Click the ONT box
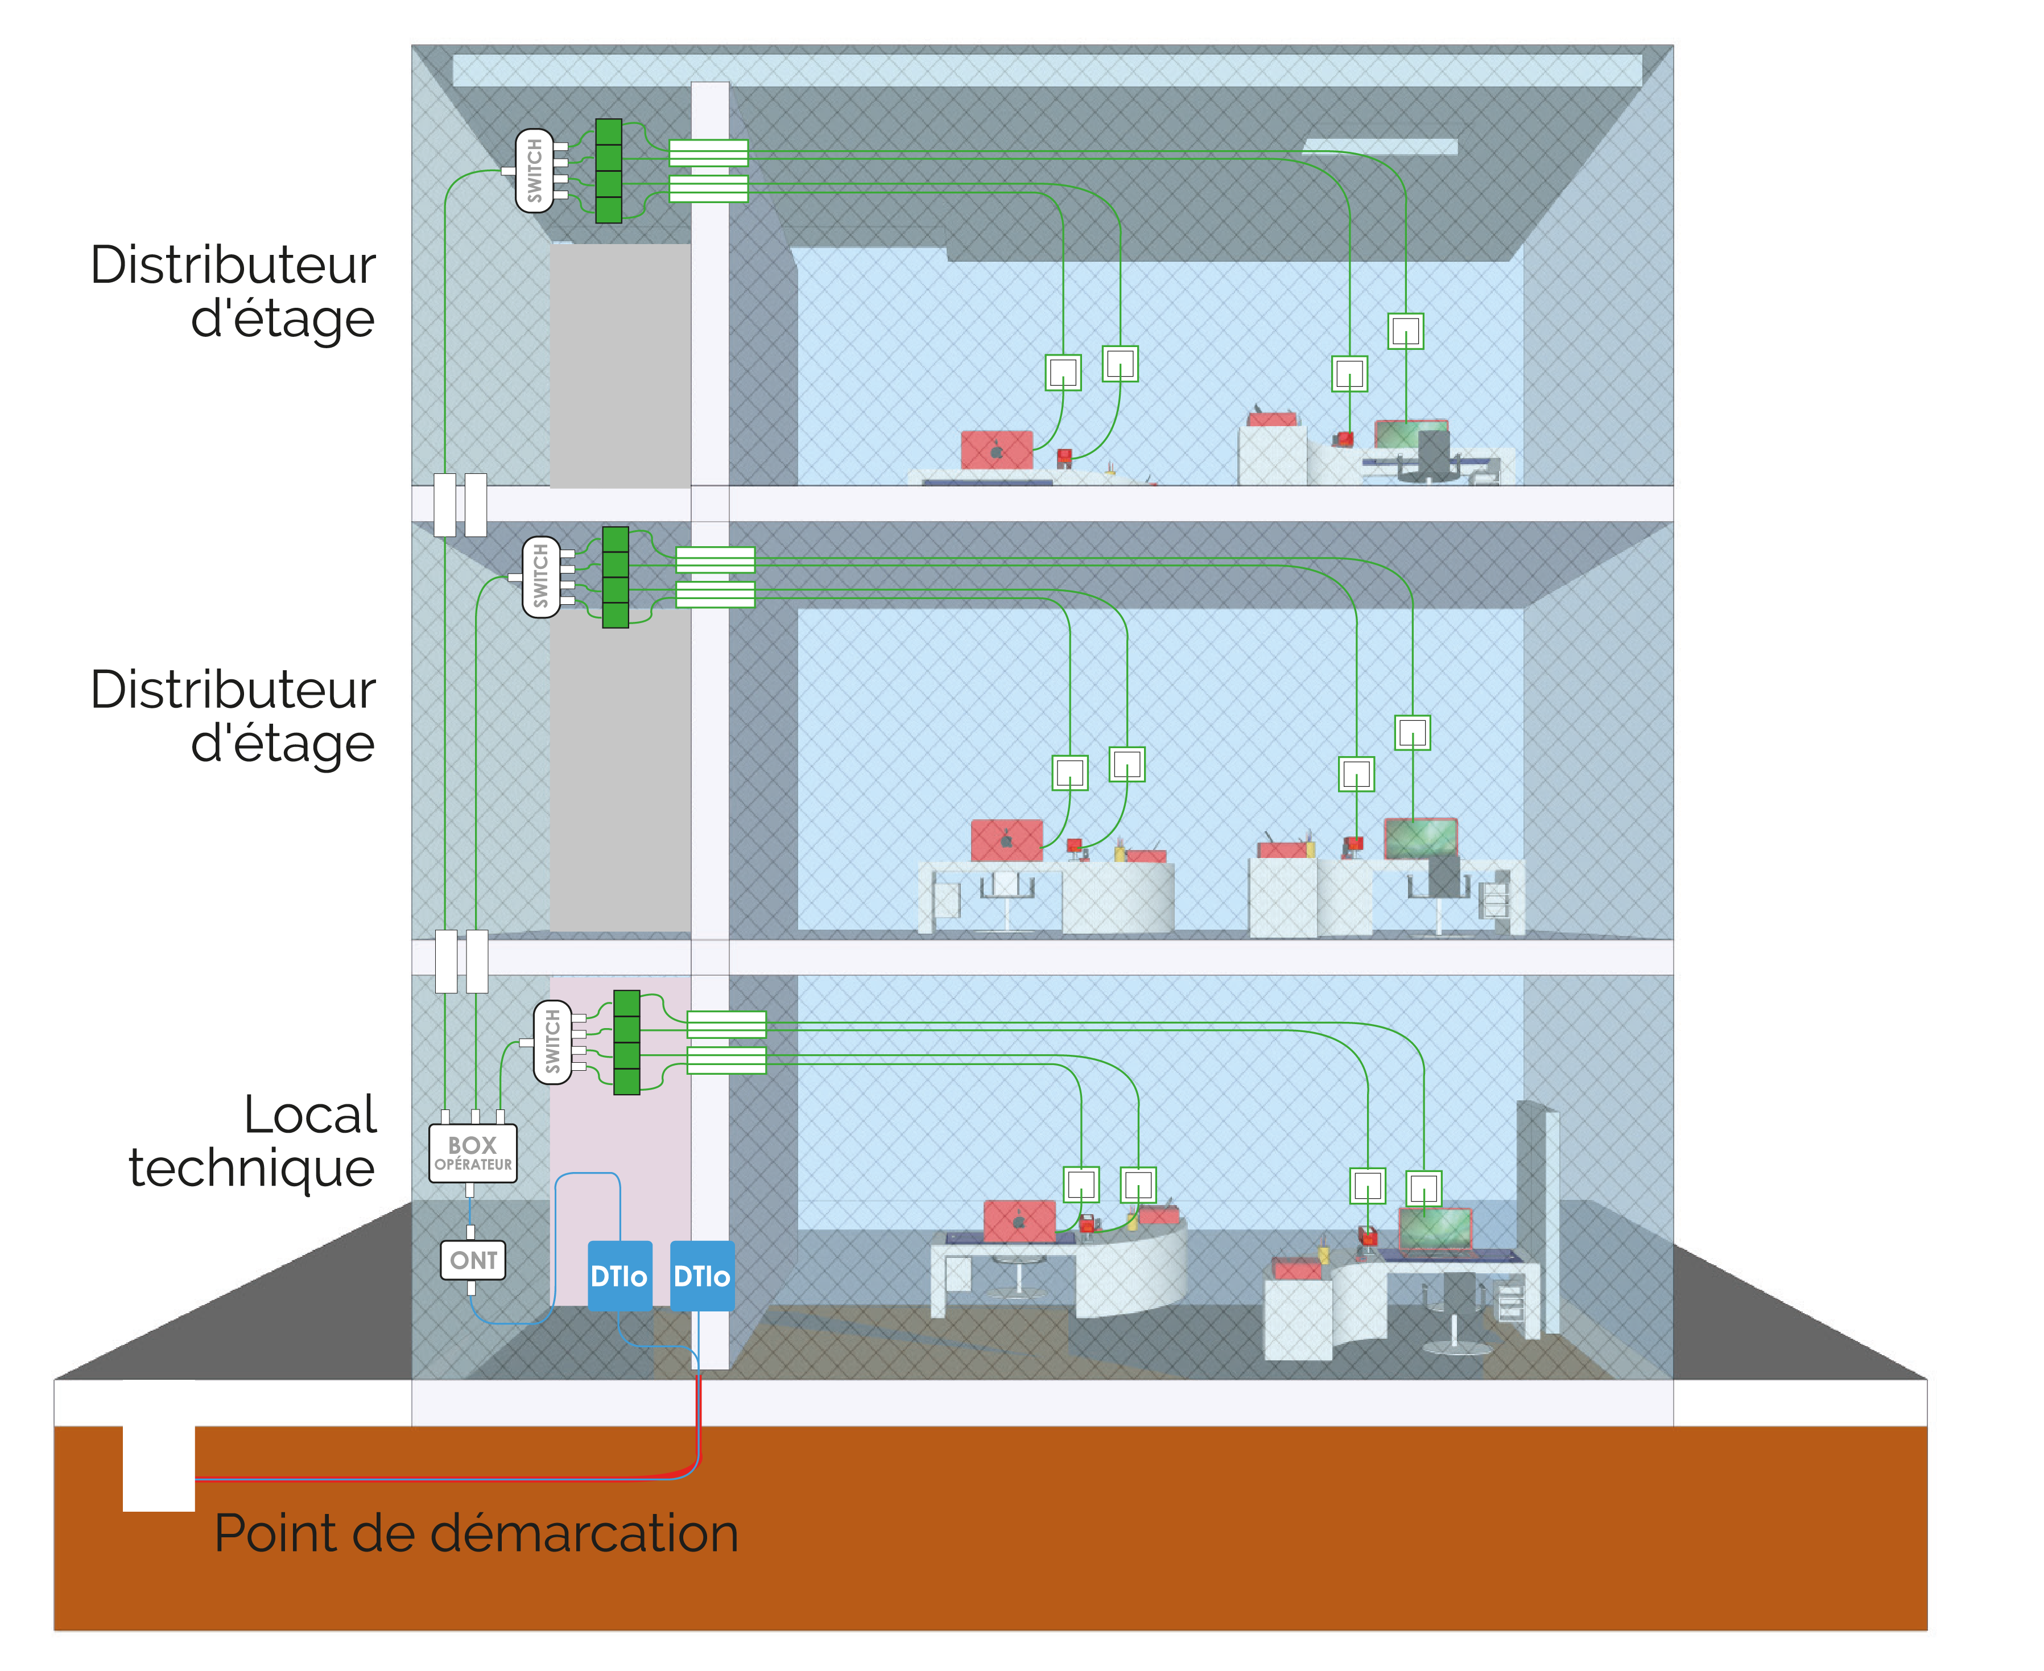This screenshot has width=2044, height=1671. click(x=473, y=1260)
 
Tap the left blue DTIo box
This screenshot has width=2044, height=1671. click(x=620, y=1276)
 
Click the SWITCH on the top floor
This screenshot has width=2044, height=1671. click(x=535, y=170)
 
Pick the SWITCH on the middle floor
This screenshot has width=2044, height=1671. click(x=541, y=577)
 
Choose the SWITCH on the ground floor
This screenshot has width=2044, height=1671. click(x=552, y=1042)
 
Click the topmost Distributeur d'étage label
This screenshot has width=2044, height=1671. click(x=233, y=291)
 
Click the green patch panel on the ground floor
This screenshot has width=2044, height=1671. click(x=626, y=1042)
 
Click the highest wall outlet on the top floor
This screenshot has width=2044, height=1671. click(x=1406, y=331)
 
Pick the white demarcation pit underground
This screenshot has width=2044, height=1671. click(x=159, y=1468)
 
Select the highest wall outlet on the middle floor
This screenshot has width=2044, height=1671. click(x=1413, y=732)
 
